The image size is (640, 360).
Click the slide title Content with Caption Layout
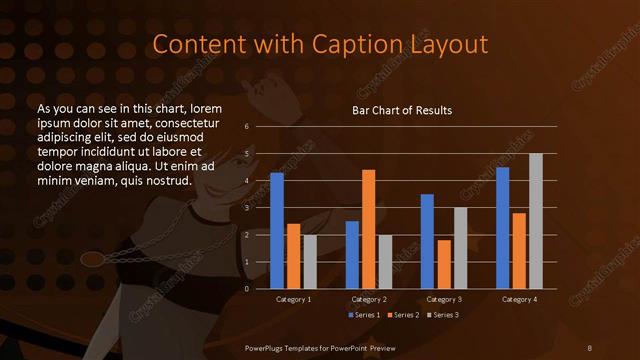320,44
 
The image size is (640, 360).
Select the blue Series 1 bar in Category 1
277,231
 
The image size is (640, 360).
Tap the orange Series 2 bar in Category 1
293,256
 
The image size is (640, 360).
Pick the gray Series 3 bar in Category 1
309,262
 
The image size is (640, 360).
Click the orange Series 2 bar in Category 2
369,229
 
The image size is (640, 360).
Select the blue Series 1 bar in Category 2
353,255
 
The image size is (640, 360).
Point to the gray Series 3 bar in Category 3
461,248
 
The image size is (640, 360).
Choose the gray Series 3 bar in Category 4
536,221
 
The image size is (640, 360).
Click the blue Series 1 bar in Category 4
503,228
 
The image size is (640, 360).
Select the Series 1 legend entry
363,315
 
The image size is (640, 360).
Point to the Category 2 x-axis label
369,299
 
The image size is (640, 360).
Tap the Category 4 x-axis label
519,299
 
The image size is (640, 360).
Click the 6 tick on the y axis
247,127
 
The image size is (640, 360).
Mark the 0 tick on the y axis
247,289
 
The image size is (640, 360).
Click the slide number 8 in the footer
589,347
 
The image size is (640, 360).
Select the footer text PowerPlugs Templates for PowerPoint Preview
320,347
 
